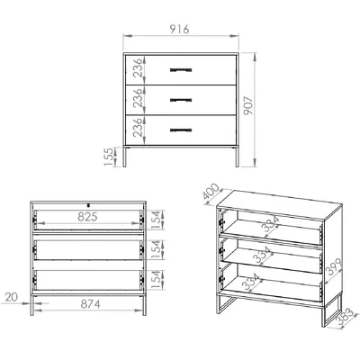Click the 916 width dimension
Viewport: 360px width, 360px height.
tap(179, 29)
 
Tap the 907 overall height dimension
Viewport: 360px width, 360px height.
tap(248, 105)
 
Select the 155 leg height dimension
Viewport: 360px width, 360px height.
tap(109, 157)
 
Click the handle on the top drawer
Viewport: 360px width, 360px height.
tap(181, 70)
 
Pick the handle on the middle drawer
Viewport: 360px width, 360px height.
tap(181, 100)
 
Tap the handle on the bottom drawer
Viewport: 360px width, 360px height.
tap(181, 130)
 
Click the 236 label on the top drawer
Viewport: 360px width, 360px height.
tap(138, 68)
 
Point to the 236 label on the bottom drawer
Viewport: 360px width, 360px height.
tap(138, 128)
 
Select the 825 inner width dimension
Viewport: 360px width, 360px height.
tap(87, 217)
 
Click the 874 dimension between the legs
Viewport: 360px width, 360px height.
tap(90, 304)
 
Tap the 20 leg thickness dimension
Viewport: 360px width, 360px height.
tap(12, 297)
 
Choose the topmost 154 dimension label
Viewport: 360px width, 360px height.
tap(156, 220)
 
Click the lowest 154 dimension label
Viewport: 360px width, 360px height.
tap(156, 280)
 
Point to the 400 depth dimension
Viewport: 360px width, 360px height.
tap(211, 192)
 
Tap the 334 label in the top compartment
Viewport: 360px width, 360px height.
tap(270, 224)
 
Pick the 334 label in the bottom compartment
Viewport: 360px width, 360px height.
tap(251, 282)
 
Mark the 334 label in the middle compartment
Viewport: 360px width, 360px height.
tap(263, 255)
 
